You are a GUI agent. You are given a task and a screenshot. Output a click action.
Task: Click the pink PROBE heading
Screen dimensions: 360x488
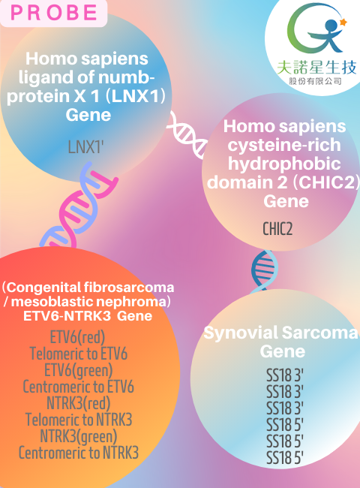(x=53, y=13)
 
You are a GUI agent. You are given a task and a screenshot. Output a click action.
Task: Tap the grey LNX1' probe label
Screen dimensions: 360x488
(x=85, y=146)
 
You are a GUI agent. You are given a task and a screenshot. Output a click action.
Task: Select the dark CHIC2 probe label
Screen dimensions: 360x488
(x=277, y=229)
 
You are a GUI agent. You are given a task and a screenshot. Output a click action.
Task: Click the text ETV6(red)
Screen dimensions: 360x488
(x=78, y=337)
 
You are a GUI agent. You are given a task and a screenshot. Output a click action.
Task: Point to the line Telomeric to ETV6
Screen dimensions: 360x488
(x=78, y=354)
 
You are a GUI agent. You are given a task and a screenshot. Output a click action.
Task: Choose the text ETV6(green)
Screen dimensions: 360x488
(x=78, y=370)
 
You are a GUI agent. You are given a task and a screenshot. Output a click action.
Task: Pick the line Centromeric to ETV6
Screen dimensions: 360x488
(x=78, y=387)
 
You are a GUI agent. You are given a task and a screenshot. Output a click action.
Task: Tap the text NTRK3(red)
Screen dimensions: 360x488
(x=78, y=403)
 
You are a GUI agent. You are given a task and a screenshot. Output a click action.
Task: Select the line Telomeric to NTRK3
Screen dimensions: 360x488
(x=79, y=420)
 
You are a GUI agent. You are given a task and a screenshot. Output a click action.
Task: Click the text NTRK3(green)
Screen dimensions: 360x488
(x=79, y=436)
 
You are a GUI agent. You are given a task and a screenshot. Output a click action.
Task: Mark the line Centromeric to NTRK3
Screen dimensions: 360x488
(x=79, y=453)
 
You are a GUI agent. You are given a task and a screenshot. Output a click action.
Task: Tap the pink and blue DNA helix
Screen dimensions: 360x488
(x=79, y=206)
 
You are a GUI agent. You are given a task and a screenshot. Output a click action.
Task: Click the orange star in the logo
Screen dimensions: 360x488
(x=343, y=23)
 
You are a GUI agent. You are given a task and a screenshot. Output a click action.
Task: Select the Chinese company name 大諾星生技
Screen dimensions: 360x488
(x=316, y=68)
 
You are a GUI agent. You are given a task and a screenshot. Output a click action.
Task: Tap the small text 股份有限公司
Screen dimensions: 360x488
(x=316, y=82)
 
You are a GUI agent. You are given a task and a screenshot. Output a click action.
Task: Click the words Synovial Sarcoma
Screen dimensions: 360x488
(x=280, y=333)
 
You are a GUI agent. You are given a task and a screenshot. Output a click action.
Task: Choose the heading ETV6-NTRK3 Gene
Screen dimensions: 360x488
(x=88, y=316)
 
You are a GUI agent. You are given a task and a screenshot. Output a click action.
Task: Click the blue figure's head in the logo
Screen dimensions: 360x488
(x=332, y=25)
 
